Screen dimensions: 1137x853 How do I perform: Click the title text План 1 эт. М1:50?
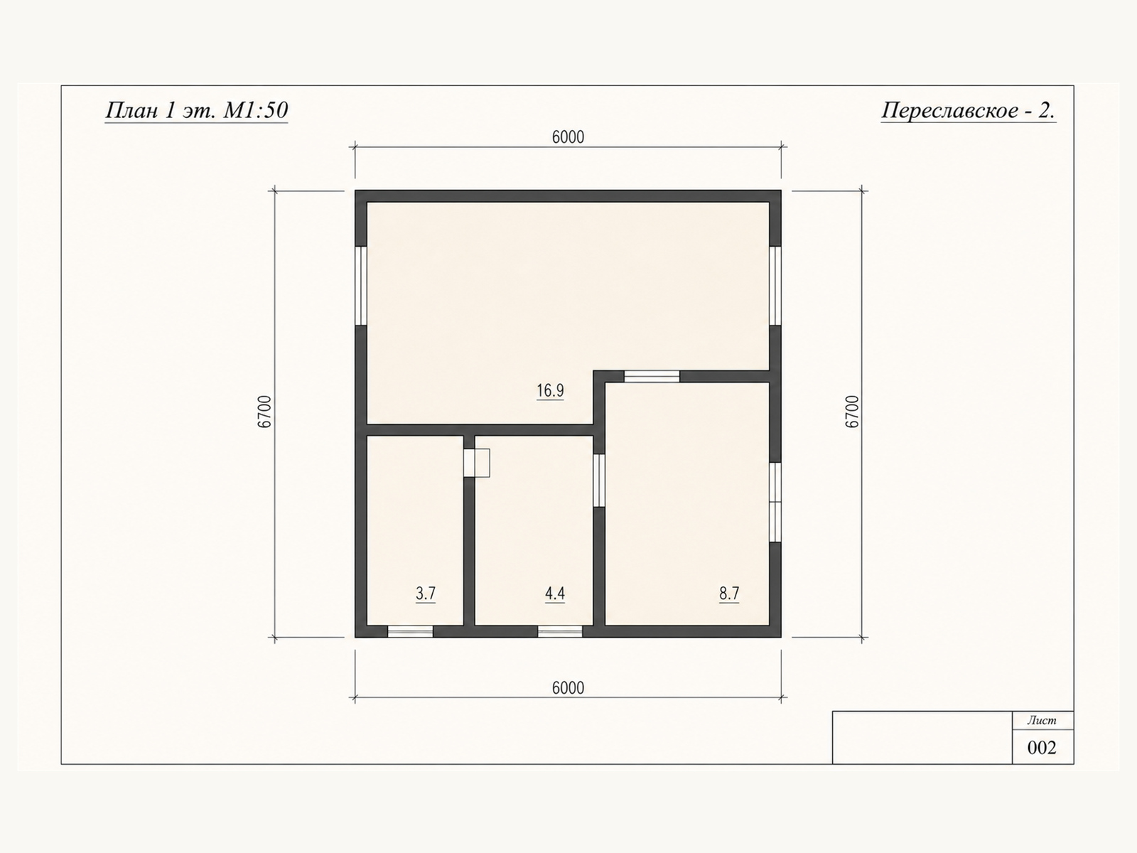click(x=196, y=110)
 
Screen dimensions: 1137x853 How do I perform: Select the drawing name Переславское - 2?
click(x=968, y=110)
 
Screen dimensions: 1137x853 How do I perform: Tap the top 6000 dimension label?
click(x=568, y=137)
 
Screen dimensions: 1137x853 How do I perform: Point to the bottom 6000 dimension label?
click(x=568, y=688)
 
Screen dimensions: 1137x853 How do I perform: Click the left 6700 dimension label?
click(x=264, y=412)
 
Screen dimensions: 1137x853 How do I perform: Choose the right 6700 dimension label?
click(x=851, y=412)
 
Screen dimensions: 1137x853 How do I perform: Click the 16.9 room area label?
click(x=550, y=390)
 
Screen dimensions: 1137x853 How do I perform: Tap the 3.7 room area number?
click(x=425, y=594)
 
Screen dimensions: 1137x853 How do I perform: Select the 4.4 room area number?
click(x=555, y=594)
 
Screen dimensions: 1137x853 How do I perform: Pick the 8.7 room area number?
click(x=729, y=594)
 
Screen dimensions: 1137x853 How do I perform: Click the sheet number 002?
click(x=1042, y=748)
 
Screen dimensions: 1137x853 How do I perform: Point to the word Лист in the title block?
click(x=1042, y=720)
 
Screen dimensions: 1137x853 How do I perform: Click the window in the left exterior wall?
click(x=361, y=286)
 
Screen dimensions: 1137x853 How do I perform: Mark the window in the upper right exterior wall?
click(x=775, y=286)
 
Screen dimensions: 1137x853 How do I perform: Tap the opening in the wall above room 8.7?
click(x=652, y=377)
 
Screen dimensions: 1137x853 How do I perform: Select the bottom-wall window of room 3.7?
click(x=410, y=631)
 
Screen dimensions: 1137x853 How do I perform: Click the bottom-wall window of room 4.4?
click(x=560, y=631)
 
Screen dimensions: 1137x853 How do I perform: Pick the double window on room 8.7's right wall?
click(x=775, y=503)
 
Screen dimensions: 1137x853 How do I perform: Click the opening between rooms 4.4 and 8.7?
click(x=599, y=481)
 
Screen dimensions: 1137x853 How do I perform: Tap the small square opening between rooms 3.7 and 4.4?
click(x=477, y=463)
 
